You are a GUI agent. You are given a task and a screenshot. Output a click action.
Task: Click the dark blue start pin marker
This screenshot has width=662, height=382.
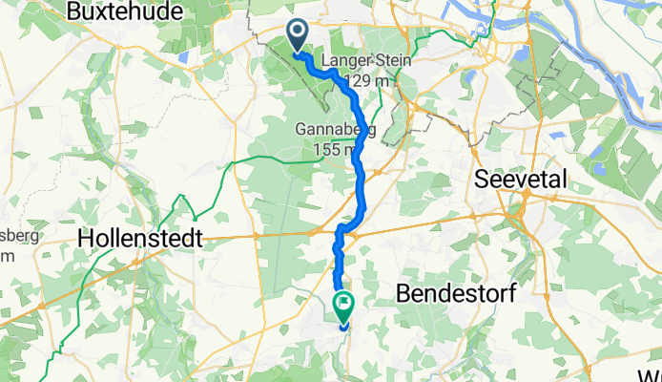pyautogui.click(x=298, y=35)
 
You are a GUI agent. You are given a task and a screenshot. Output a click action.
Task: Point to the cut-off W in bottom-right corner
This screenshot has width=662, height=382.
pyautogui.click(x=654, y=372)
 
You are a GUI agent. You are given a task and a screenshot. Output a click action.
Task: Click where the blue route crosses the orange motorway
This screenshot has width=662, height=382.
pyautogui.click(x=346, y=228)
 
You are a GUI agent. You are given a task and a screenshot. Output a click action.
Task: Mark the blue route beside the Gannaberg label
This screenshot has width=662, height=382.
pyautogui.click(x=360, y=143)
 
